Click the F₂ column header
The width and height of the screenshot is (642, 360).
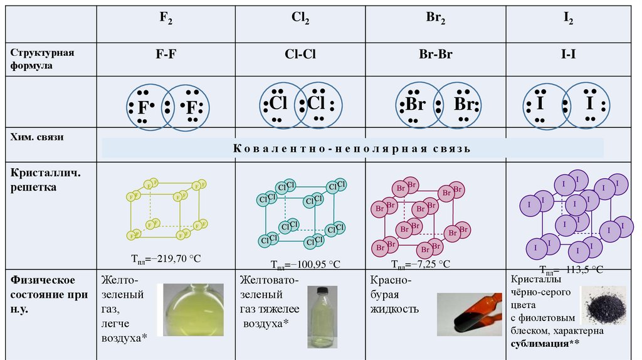(x=166, y=20)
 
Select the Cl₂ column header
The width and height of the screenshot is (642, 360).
(x=300, y=19)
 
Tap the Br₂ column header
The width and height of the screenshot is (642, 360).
(x=435, y=19)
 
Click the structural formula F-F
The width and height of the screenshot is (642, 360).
(x=166, y=54)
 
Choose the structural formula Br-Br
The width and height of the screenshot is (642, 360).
(x=436, y=54)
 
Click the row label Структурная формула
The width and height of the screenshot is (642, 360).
(x=41, y=59)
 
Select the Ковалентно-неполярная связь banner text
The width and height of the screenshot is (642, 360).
(x=352, y=149)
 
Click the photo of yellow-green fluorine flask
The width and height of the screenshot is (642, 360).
(x=194, y=309)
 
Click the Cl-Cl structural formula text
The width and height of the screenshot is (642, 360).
(x=300, y=54)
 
